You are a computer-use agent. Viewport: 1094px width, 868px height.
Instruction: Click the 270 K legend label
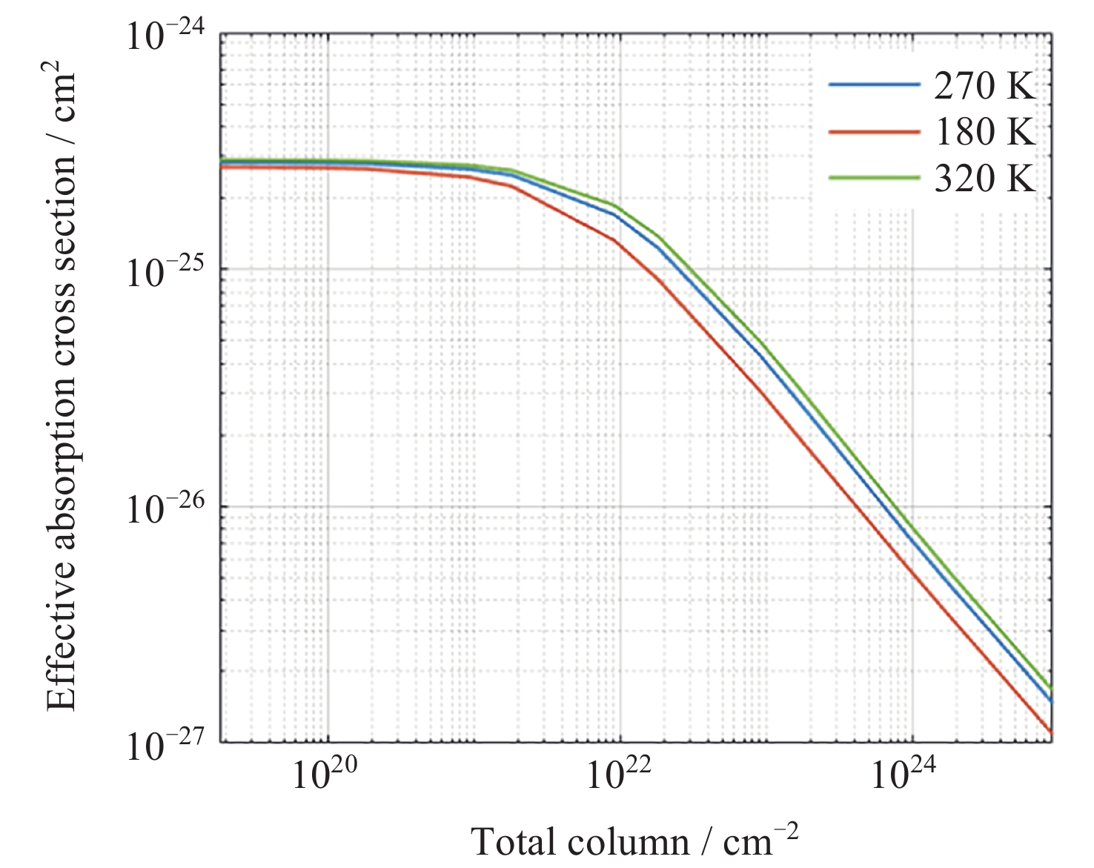(984, 86)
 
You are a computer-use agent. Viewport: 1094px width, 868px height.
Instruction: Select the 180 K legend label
(984, 132)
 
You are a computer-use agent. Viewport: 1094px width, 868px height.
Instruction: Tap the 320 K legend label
(984, 179)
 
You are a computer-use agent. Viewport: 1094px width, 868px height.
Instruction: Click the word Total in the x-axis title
(512, 842)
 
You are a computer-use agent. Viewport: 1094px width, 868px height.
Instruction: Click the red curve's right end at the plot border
(1051, 732)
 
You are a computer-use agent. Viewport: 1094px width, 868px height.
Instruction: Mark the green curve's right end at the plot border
(1051, 689)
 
